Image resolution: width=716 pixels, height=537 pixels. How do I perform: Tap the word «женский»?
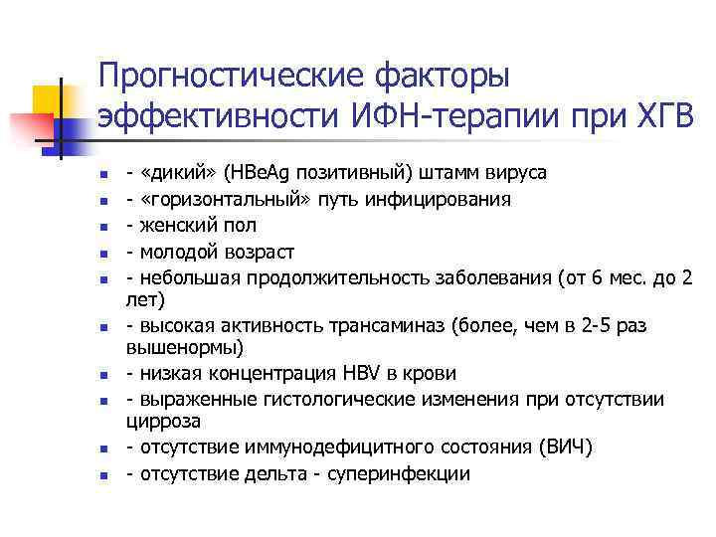click(x=171, y=226)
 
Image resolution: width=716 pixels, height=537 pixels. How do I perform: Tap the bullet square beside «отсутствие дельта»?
click(x=101, y=475)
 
